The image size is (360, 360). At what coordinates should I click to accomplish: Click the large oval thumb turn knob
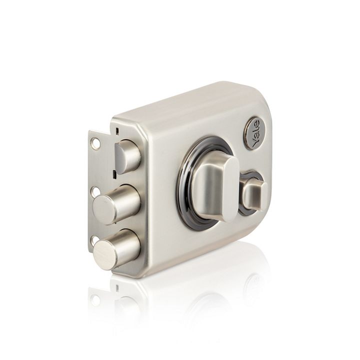click(x=214, y=187)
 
